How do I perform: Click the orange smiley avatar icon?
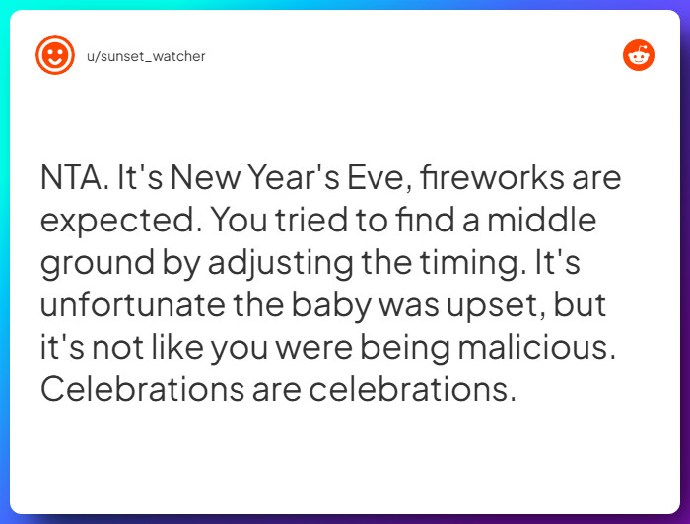(x=54, y=56)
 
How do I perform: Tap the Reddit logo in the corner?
(x=639, y=56)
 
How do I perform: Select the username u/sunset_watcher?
(x=146, y=56)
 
